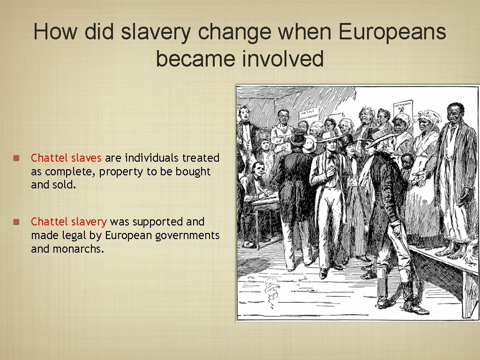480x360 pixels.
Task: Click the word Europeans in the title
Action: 392,32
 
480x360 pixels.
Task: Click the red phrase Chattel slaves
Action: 66,158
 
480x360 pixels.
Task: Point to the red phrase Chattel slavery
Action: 69,221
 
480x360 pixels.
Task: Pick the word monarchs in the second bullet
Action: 78,248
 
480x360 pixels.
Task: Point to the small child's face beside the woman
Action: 407,162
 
